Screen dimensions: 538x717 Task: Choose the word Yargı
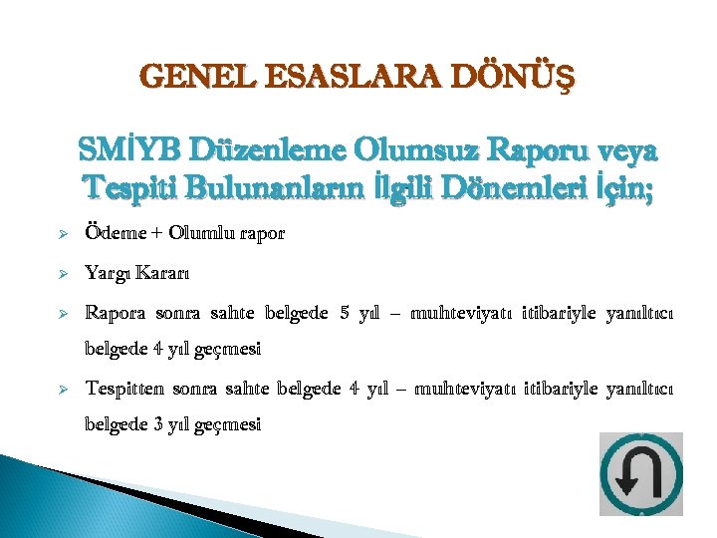(x=108, y=272)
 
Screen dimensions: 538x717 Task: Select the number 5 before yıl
(x=345, y=313)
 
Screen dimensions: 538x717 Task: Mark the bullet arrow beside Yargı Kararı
(x=61, y=273)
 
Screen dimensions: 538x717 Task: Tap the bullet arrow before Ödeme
(x=61, y=235)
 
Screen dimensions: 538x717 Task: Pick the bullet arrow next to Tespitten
(x=61, y=388)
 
